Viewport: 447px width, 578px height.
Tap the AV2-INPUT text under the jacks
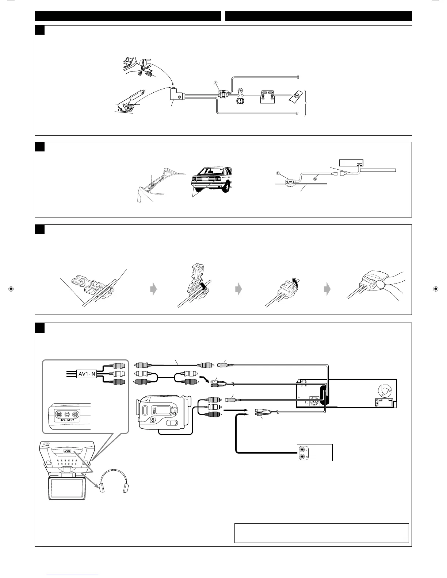point(65,420)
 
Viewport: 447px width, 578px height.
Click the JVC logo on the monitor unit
point(67,450)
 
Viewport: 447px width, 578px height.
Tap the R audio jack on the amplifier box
point(302,456)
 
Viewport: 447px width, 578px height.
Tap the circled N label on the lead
point(314,178)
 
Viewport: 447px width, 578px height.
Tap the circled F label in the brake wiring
point(215,83)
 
